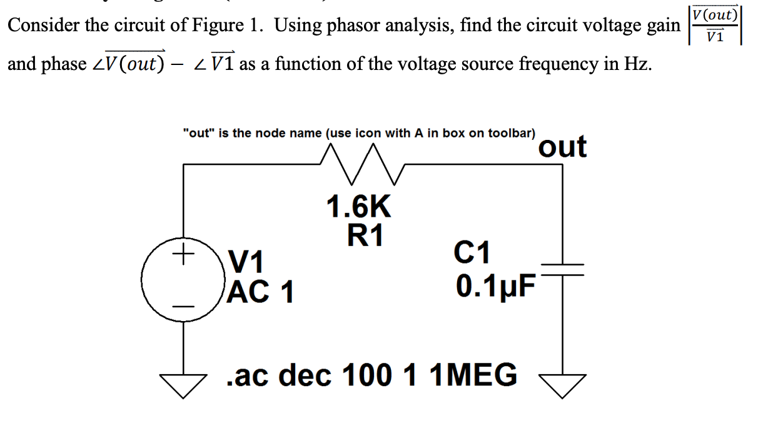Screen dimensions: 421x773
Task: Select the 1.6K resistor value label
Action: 359,207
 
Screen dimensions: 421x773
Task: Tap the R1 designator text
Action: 366,235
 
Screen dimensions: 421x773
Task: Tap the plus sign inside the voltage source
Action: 183,254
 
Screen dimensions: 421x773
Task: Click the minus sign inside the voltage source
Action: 183,305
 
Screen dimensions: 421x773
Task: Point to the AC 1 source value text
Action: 261,291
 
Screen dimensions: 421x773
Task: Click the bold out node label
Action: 562,147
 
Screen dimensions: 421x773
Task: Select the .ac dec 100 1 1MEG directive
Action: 371,375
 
